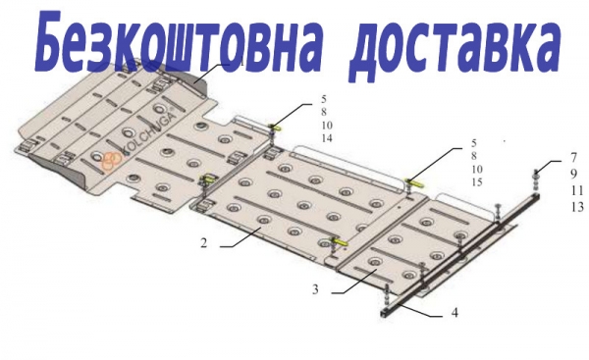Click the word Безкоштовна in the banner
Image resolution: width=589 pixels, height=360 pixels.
point(179,41)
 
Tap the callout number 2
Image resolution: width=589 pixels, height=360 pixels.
point(203,243)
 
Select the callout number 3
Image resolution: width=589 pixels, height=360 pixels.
point(315,289)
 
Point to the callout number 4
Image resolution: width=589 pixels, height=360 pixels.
point(455,312)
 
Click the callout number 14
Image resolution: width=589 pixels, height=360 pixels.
point(327,138)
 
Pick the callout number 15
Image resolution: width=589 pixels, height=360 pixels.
point(477,182)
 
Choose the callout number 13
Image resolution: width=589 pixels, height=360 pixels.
point(577,207)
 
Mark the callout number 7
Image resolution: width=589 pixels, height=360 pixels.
point(573,157)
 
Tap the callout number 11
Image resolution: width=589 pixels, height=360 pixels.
point(577,190)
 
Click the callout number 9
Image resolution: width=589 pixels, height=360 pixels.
point(573,174)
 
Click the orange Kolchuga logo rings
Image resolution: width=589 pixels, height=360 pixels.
point(112,160)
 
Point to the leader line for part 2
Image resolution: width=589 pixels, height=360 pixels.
point(241,238)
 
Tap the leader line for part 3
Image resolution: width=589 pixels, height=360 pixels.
point(353,282)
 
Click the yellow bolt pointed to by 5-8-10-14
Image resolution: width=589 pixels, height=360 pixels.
point(276,128)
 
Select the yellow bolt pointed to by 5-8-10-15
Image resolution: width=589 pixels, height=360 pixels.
point(411,182)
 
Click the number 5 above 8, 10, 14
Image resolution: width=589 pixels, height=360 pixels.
point(324,99)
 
